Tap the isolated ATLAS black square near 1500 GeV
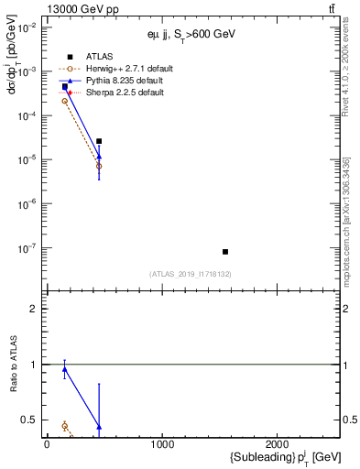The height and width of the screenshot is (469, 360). pos(225,252)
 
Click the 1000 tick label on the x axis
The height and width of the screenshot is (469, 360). pos(162,444)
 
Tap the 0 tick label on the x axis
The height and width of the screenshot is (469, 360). pos(47,444)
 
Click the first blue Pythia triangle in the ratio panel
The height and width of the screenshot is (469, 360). pos(65,370)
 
